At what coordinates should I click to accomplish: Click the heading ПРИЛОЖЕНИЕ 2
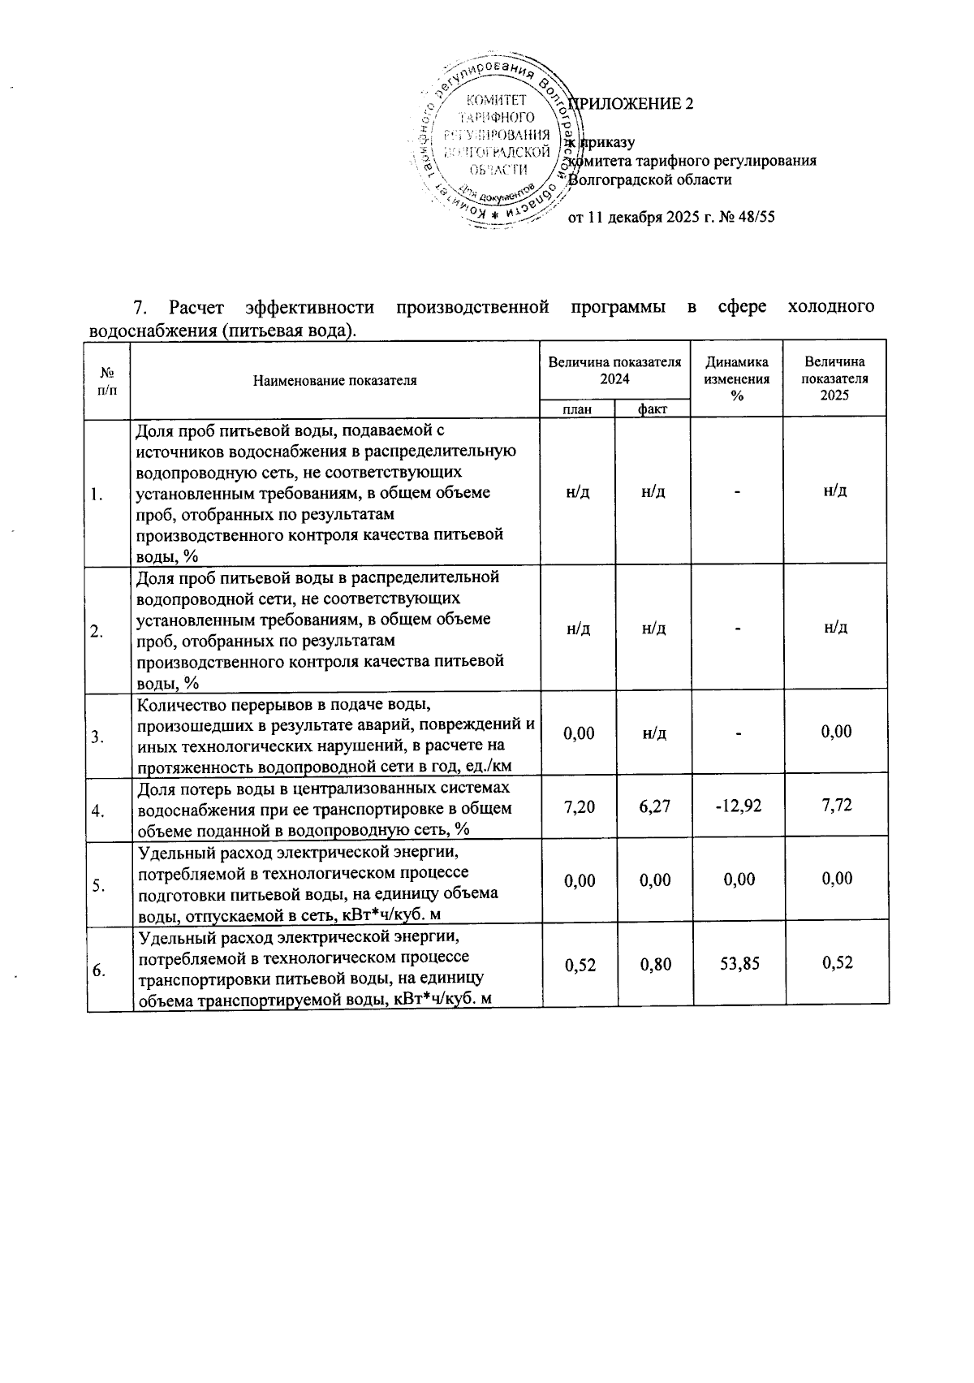[x=631, y=104]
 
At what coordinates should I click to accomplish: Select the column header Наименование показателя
[x=334, y=380]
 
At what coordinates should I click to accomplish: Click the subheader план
[x=577, y=409]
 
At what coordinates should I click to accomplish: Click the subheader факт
[x=652, y=409]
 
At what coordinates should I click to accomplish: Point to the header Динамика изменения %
[x=736, y=378]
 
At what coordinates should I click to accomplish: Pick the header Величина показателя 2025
[x=834, y=378]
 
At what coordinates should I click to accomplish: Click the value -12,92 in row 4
[x=737, y=806]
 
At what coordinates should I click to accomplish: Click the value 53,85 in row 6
[x=739, y=963]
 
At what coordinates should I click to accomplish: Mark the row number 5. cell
[x=97, y=886]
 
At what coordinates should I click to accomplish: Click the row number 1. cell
[x=97, y=495]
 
